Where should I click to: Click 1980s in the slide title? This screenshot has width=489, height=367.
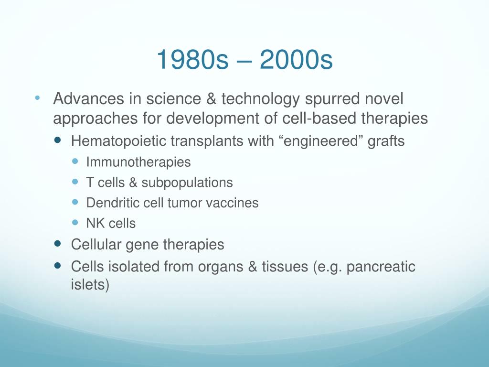coord(192,60)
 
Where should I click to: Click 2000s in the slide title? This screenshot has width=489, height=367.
coord(296,60)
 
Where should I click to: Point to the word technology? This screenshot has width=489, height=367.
coord(261,99)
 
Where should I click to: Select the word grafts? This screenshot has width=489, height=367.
coord(386,141)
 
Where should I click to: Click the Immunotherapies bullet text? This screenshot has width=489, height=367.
coord(138,162)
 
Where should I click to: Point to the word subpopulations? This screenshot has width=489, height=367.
coord(187,183)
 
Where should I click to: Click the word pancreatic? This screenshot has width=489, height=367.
coord(381,267)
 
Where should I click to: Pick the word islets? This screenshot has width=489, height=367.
coord(90,285)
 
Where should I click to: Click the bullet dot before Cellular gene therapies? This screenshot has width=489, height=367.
coord(57,243)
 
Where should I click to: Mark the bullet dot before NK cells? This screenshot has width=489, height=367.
coord(75,223)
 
